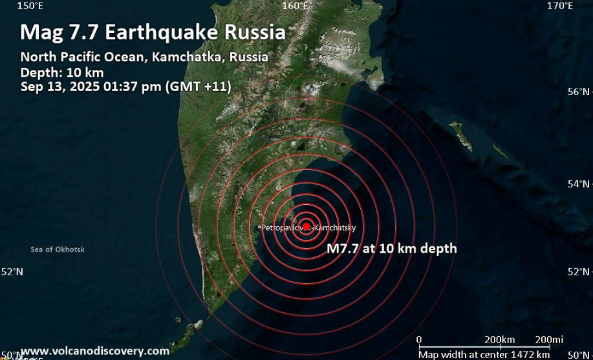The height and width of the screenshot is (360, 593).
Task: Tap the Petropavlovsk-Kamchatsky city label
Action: tap(308, 228)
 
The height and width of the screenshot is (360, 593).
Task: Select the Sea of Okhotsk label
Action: tap(58, 249)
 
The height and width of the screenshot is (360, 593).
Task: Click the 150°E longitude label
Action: tap(30, 6)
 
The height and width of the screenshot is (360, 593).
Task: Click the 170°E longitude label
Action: tap(560, 6)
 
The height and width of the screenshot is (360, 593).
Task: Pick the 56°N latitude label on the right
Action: tap(578, 92)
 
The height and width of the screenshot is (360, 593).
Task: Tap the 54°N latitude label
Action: tap(578, 184)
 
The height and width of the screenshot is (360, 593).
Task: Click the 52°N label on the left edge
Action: tap(12, 272)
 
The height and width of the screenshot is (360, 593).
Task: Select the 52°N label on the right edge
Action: tap(578, 272)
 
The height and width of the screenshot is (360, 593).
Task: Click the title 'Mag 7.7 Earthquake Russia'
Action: tap(153, 32)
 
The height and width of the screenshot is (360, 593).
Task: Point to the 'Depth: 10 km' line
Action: tap(61, 72)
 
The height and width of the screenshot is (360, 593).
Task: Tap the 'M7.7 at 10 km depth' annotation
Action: tap(392, 248)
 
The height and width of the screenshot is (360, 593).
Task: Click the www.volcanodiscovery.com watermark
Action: tap(95, 351)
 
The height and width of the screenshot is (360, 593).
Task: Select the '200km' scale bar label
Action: tap(500, 340)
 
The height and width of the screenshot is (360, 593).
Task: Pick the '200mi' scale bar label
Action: tap(550, 340)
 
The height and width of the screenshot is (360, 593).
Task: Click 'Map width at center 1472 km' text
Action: tap(484, 354)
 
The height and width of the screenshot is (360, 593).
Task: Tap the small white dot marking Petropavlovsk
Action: tap(259, 227)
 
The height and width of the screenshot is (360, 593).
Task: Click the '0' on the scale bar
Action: tap(419, 340)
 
